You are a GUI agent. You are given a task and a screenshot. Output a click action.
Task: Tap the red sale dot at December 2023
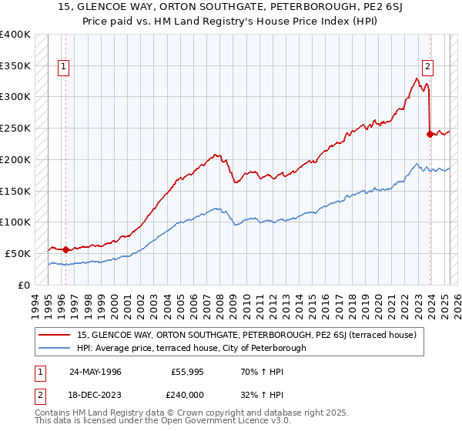[x=429, y=134]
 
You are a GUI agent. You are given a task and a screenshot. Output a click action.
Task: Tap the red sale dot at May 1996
[x=65, y=249]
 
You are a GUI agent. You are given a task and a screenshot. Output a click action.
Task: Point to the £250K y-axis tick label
[x=15, y=128]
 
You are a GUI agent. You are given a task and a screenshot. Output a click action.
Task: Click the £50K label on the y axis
[x=18, y=253]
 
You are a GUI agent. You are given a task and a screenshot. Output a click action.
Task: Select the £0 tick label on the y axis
[x=24, y=285]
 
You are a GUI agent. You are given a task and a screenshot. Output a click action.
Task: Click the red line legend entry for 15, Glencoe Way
[x=246, y=335]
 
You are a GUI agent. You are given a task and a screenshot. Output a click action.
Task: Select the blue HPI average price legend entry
[x=191, y=348]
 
